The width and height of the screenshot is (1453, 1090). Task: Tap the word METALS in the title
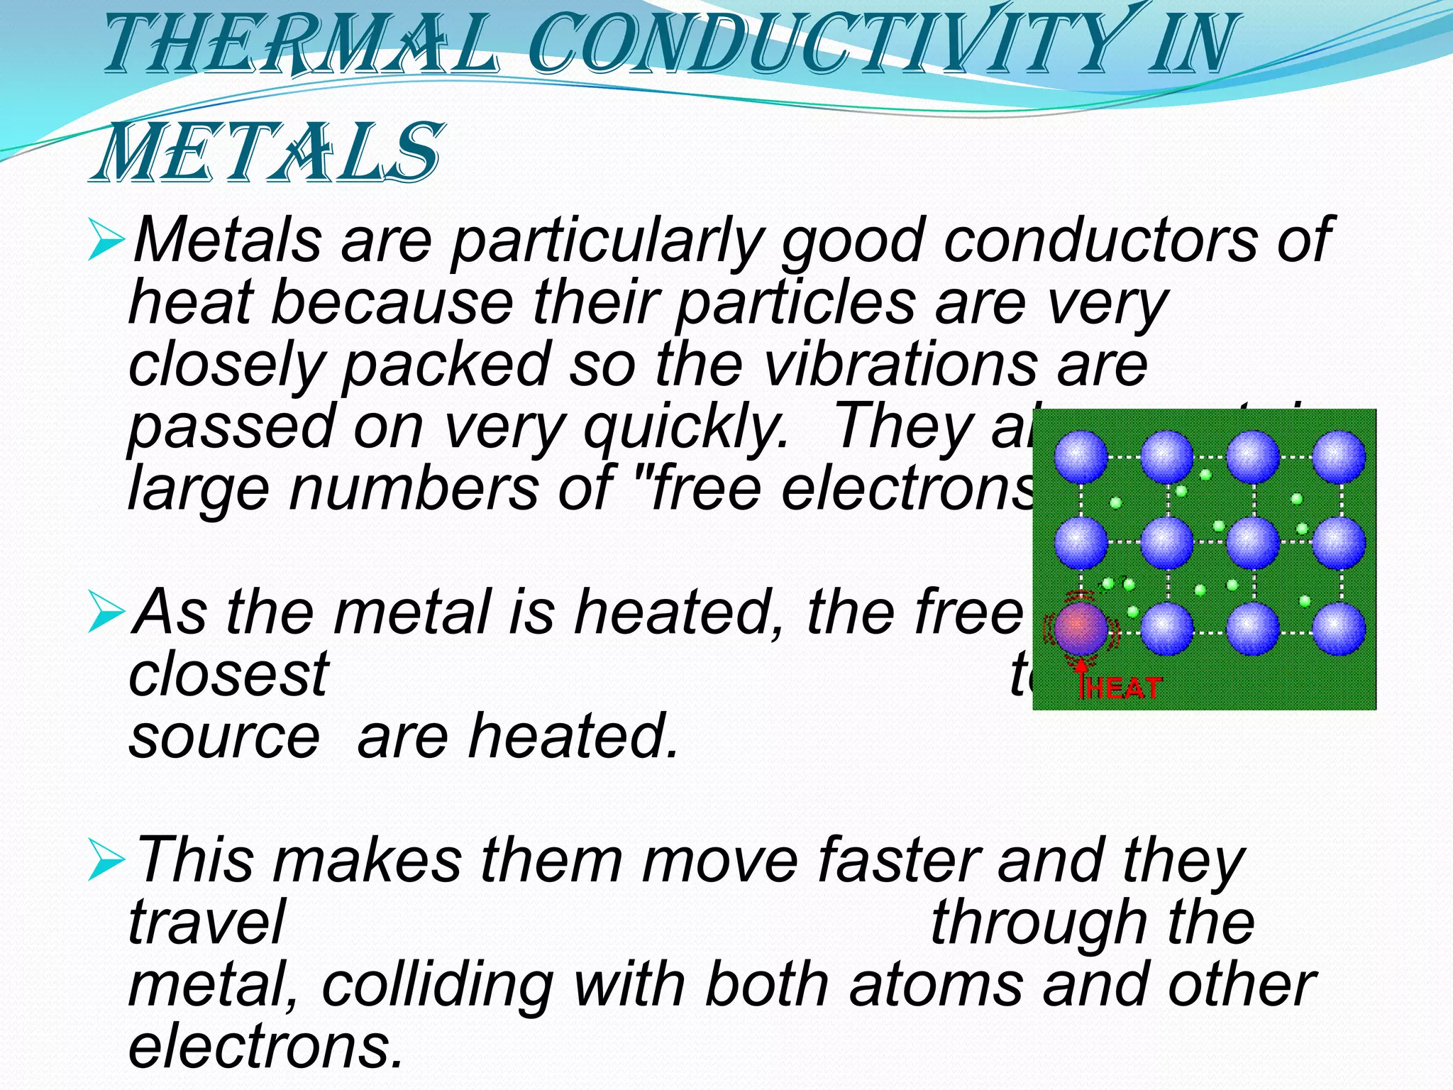(266, 153)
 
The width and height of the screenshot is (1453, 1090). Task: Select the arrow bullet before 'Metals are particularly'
(106, 241)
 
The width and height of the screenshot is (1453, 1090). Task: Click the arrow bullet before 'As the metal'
(106, 613)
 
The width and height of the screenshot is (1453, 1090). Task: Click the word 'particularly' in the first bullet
(607, 241)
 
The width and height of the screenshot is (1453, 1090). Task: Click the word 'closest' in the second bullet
(228, 674)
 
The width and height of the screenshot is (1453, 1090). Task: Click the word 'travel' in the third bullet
(206, 923)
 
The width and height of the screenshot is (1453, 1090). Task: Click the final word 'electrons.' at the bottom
(265, 1047)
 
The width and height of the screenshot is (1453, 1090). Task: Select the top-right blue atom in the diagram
(1338, 456)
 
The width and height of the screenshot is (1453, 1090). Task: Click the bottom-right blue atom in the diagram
(1338, 628)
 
